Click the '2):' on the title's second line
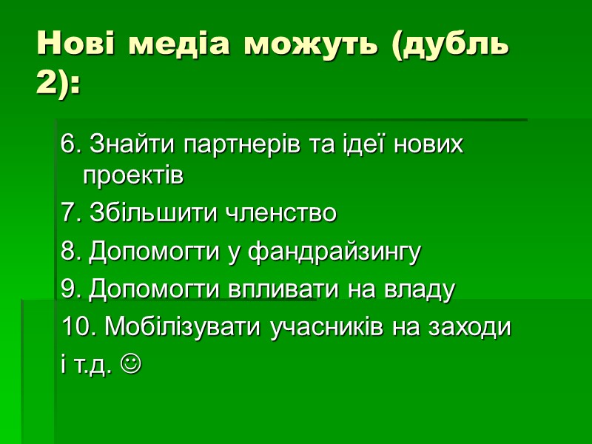[x=59, y=82]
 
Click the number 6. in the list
[x=71, y=144]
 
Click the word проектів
[x=132, y=177]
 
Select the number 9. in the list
[x=71, y=289]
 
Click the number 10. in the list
[x=77, y=326]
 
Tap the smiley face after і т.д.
[x=130, y=364]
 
